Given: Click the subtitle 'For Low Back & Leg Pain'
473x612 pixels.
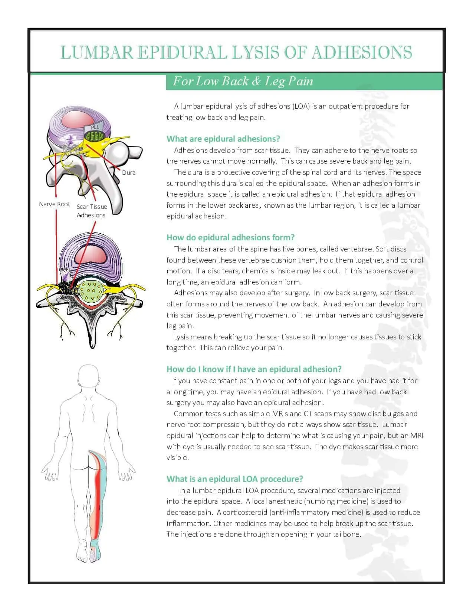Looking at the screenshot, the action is tap(243, 81).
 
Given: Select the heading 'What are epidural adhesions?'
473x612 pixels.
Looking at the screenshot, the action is tap(223, 139).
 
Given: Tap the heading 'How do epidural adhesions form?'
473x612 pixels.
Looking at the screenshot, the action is tap(230, 237).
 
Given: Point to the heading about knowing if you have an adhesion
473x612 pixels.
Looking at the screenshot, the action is tap(254, 369).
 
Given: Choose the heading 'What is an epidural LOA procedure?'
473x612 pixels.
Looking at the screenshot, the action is tap(235, 479).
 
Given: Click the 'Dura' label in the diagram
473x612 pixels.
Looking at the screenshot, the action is tap(129, 172).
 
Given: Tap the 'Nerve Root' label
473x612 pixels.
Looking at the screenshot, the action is tap(55, 204).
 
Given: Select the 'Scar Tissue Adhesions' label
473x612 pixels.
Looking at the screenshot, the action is tap(92, 211).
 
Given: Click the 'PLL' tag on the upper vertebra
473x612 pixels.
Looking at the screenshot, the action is tap(95, 127).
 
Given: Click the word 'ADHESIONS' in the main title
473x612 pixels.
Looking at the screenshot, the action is tap(362, 52).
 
